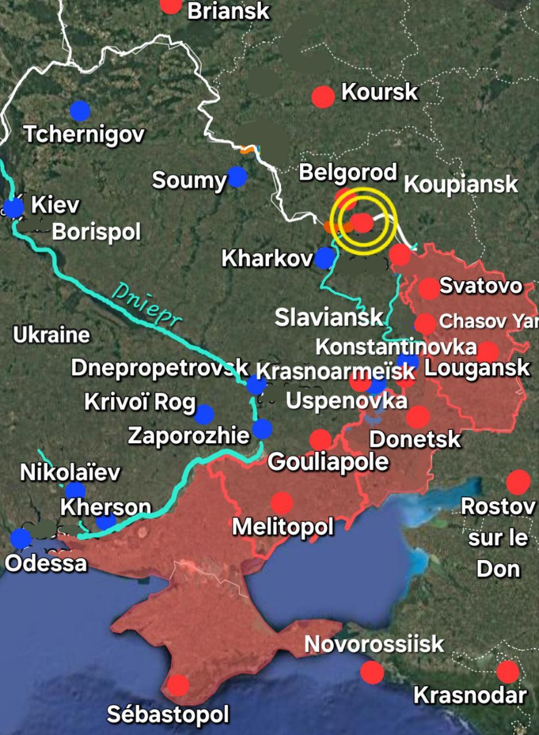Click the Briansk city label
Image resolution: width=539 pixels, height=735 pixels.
(229, 10)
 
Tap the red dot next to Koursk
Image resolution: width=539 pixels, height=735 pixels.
(323, 96)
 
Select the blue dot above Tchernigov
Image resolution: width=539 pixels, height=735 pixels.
(80, 111)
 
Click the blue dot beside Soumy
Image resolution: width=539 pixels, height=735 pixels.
(236, 177)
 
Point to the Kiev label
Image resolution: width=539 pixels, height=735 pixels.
(55, 204)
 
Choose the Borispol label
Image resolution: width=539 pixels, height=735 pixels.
(96, 232)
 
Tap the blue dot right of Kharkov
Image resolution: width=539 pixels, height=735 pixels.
(325, 258)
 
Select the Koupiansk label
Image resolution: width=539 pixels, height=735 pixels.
(461, 185)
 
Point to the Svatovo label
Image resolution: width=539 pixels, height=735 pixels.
(481, 285)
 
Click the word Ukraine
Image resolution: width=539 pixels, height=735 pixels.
(51, 335)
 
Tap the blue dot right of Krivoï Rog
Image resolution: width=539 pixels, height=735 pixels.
(203, 414)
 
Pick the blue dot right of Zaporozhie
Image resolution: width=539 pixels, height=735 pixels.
(263, 428)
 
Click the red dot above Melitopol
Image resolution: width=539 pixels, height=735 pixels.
(282, 503)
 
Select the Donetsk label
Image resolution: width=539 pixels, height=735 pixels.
(414, 439)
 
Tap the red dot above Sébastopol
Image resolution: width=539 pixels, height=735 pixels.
(178, 684)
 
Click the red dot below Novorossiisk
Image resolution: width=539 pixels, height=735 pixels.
(372, 672)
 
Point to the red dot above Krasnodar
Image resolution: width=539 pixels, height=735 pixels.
(507, 671)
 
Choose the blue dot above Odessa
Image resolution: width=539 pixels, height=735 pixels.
(21, 538)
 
